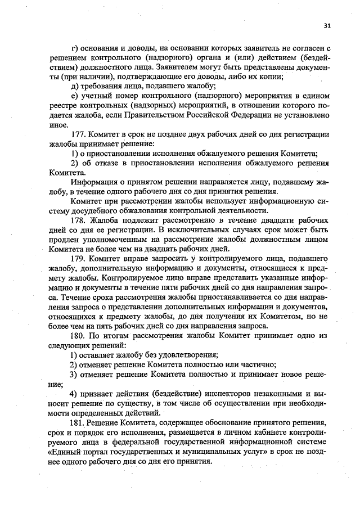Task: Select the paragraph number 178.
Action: tap(79, 219)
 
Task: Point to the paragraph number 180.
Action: tap(79, 334)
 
